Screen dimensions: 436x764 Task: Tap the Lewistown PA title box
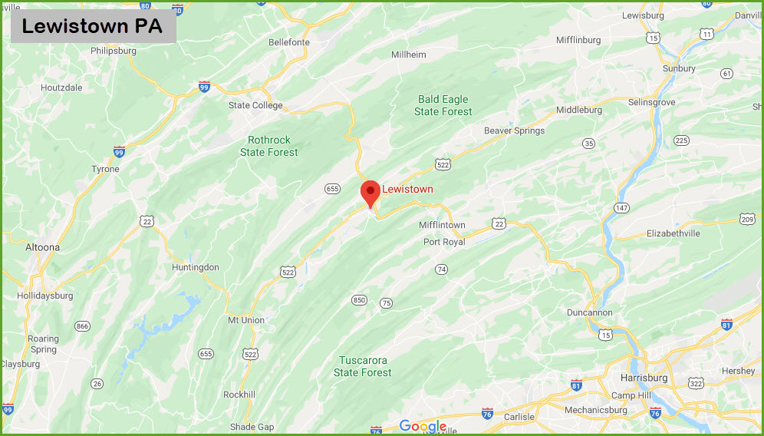(x=93, y=26)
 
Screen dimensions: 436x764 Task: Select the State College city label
(x=255, y=105)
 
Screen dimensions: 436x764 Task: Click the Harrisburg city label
(x=643, y=378)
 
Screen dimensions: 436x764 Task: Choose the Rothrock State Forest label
(x=269, y=146)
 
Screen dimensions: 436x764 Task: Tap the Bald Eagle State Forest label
(x=443, y=105)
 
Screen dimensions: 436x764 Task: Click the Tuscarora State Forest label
(x=363, y=366)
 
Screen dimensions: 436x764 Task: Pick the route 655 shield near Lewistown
(x=332, y=188)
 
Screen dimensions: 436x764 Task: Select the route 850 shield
(x=359, y=299)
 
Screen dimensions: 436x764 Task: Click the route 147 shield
(x=621, y=208)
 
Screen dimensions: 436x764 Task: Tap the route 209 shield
(x=748, y=220)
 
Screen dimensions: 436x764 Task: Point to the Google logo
(x=423, y=427)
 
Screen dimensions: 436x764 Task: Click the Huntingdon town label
(x=196, y=267)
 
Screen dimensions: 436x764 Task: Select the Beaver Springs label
(x=514, y=130)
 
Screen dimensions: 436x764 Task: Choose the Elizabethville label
(x=673, y=233)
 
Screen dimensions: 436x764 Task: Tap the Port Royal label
(x=444, y=242)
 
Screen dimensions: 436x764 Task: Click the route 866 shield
(x=81, y=325)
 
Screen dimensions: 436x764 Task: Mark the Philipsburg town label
(x=113, y=51)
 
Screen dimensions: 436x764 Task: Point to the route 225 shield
(x=681, y=140)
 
